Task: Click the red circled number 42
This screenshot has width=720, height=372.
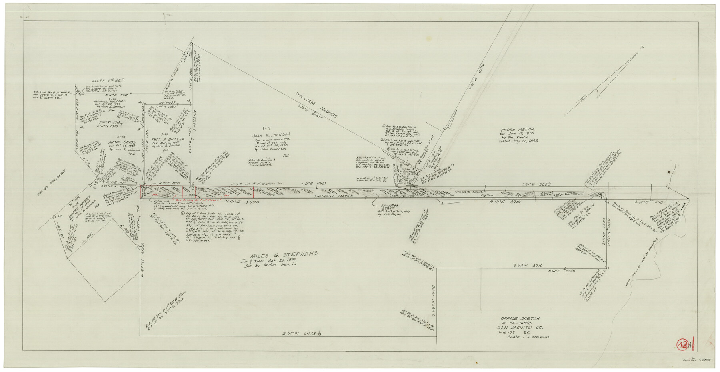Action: click(x=683, y=344)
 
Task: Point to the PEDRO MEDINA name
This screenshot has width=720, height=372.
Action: click(x=516, y=130)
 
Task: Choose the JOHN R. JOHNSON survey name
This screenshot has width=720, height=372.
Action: click(x=271, y=135)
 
